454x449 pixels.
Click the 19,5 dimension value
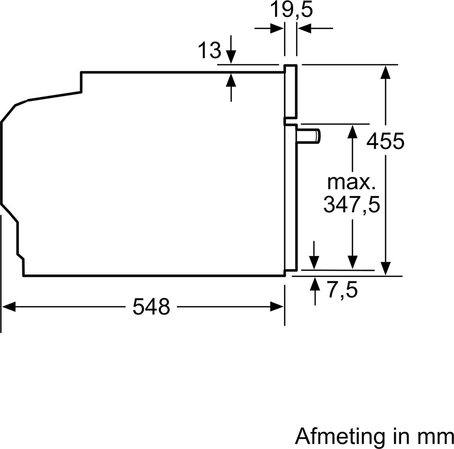click(292, 10)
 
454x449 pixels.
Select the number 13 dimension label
click(209, 50)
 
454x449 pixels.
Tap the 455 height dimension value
click(386, 141)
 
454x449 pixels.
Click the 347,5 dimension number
click(351, 205)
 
